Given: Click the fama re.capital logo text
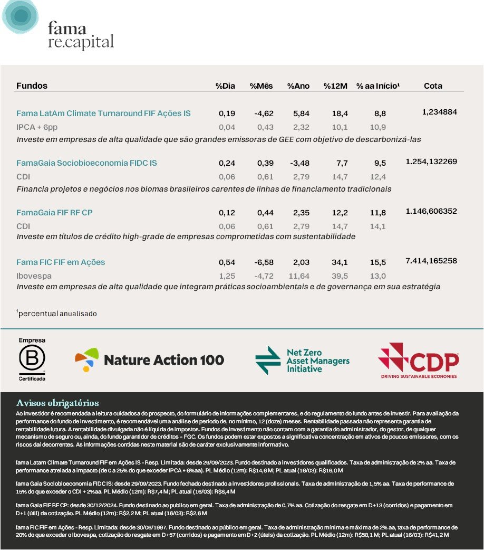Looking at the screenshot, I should tap(80, 35).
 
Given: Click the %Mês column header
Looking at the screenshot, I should tap(261, 86).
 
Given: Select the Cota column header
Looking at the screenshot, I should tap(433, 86).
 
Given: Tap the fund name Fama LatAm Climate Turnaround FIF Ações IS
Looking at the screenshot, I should tap(103, 113).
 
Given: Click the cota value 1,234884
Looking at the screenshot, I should tap(439, 112).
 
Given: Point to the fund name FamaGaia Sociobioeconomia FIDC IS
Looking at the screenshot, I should tap(86, 163).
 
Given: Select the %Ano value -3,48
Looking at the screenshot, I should tap(299, 163).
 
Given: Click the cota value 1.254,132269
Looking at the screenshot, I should tap(431, 162).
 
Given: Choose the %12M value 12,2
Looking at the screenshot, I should tap(339, 213).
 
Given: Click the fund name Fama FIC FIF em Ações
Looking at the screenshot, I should tap(61, 262).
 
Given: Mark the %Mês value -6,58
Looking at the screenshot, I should tap(262, 262).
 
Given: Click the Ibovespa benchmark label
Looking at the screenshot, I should tap(33, 276).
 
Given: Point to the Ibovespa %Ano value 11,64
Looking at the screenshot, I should tap(299, 276).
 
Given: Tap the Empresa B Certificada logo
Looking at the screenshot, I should tap(32, 360).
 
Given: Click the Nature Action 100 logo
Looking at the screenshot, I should tap(150, 360).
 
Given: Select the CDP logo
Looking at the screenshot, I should tap(419, 360).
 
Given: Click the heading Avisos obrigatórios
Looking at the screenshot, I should tap(57, 403).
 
